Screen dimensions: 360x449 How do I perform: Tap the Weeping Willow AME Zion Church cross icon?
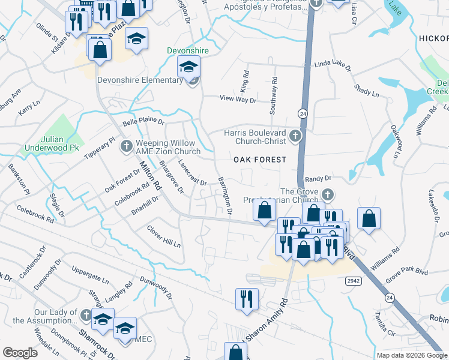click(126, 146)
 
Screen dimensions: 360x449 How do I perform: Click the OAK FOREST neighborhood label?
click(259, 160)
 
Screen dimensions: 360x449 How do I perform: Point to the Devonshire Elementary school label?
click(139, 81)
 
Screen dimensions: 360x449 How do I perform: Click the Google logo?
click(20, 353)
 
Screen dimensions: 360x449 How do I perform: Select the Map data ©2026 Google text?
click(412, 355)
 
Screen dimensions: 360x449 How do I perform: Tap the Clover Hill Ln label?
click(164, 237)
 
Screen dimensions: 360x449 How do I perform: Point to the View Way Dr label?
click(238, 99)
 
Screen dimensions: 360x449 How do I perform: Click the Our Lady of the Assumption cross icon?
click(86, 316)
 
